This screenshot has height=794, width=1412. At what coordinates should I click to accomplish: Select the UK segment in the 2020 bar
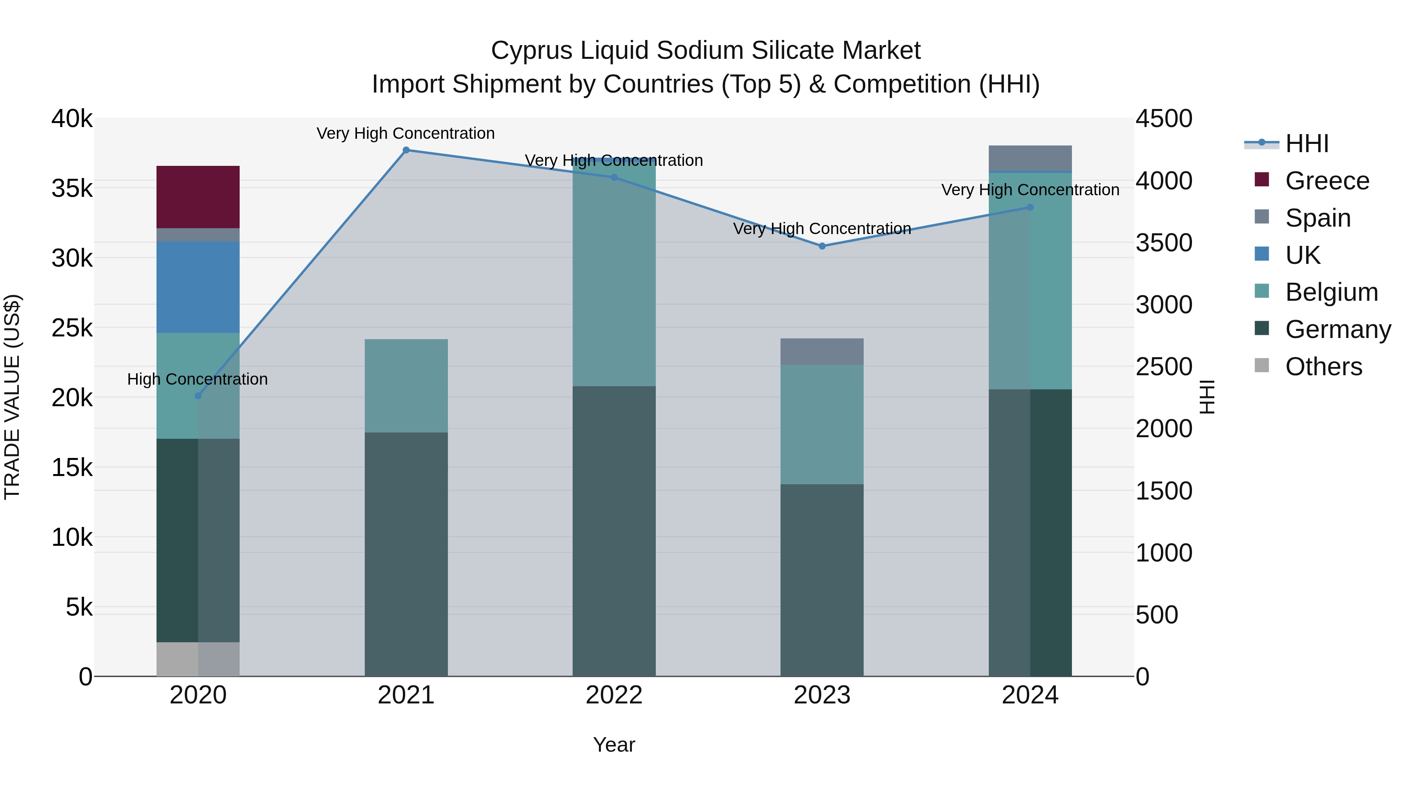[x=198, y=287]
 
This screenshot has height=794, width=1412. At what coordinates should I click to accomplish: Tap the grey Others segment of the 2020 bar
[x=198, y=659]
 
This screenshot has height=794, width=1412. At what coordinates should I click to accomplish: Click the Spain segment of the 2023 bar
[x=822, y=351]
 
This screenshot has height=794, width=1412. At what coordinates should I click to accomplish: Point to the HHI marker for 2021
[x=406, y=150]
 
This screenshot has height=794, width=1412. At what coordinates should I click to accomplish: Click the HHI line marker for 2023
[x=822, y=246]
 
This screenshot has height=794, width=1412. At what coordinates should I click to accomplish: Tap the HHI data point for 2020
[x=198, y=396]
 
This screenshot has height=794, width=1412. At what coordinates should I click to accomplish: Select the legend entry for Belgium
[x=1331, y=292]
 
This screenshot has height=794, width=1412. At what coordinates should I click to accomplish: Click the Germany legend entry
[x=1337, y=329]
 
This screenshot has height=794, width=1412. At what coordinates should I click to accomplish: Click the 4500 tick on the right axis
[x=1164, y=118]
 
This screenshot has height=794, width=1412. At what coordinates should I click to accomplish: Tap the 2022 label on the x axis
[x=614, y=695]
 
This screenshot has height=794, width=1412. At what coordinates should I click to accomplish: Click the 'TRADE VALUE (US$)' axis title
[x=12, y=397]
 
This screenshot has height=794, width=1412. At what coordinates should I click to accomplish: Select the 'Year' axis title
[x=614, y=745]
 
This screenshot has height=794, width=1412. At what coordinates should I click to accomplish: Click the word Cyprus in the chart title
[x=532, y=51]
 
